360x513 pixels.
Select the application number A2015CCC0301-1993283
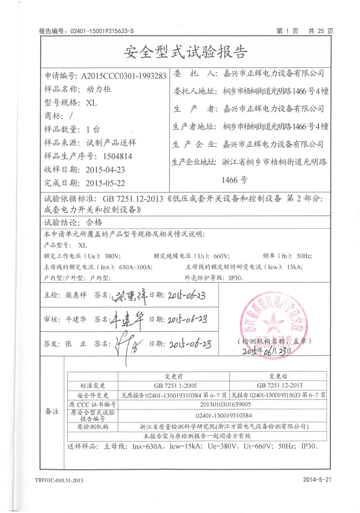pyautogui.click(x=124, y=76)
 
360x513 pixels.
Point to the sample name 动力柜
pyautogui.click(x=97, y=89)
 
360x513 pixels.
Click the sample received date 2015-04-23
pyautogui.click(x=105, y=170)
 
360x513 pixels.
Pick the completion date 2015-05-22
pyautogui.click(x=105, y=183)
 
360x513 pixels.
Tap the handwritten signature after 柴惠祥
pyautogui.click(x=130, y=297)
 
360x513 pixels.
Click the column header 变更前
pyautogui.click(x=173, y=376)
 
